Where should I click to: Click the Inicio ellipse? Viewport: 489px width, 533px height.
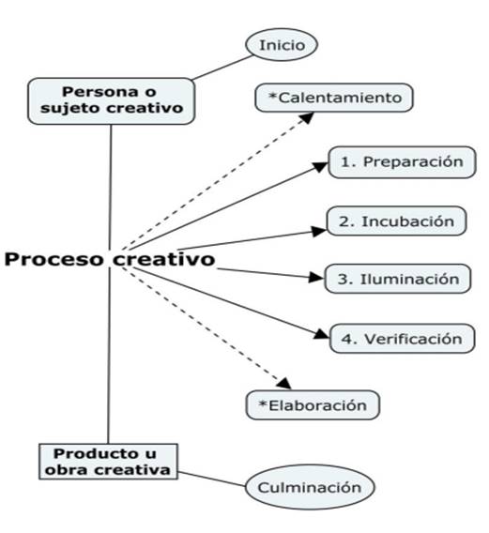coord(282,44)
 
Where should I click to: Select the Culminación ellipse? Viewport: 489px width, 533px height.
coord(310,487)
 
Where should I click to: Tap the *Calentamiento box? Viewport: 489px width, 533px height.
coord(334,98)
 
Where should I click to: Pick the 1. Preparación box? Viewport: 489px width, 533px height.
coord(402,162)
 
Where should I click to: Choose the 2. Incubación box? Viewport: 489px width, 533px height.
coord(396,221)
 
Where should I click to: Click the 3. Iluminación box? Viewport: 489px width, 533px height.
coord(398,279)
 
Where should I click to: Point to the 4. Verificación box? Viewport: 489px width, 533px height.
coord(402,339)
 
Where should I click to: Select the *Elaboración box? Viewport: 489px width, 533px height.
coord(313,404)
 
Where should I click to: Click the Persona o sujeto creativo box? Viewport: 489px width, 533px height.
coord(111,101)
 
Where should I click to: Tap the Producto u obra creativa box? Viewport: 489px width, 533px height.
coord(109,462)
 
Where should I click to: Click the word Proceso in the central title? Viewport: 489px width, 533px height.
coord(53,259)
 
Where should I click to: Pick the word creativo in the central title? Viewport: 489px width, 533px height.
coord(164,259)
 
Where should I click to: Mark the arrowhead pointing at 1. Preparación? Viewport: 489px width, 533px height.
coord(320,167)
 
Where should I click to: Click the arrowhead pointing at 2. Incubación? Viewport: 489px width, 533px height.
coord(319,232)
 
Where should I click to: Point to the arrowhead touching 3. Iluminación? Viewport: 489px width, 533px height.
coord(316,278)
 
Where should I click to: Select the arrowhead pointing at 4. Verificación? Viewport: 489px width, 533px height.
coord(322,334)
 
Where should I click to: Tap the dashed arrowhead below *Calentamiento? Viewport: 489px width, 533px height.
coord(307,117)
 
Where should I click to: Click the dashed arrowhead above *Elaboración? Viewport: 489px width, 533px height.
coord(284,383)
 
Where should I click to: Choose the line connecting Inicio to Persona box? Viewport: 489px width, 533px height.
coord(222,68)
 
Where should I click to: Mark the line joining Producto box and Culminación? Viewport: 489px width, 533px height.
coord(211,479)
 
